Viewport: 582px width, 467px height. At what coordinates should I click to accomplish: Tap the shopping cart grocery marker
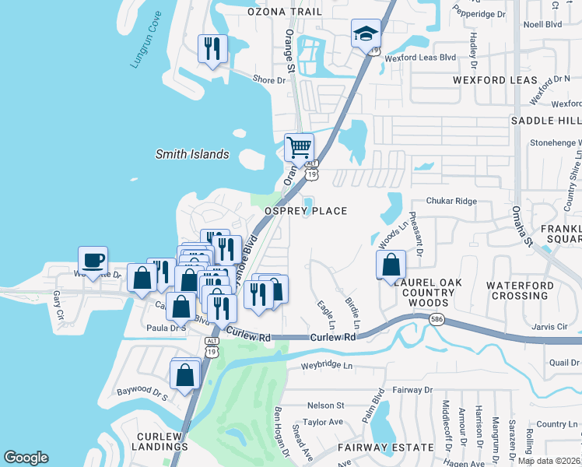(299, 146)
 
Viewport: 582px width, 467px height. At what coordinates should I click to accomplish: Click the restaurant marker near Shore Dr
(212, 49)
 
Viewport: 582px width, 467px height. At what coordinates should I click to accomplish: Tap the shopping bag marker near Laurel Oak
(391, 264)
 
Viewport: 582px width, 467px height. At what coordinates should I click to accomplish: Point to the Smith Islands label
(192, 154)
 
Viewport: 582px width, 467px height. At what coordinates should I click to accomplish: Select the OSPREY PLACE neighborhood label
(306, 211)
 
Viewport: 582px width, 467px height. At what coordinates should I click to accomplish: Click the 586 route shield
(436, 318)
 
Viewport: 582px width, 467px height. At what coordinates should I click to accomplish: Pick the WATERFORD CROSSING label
(520, 290)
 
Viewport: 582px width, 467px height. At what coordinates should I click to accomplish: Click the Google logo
(26, 458)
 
